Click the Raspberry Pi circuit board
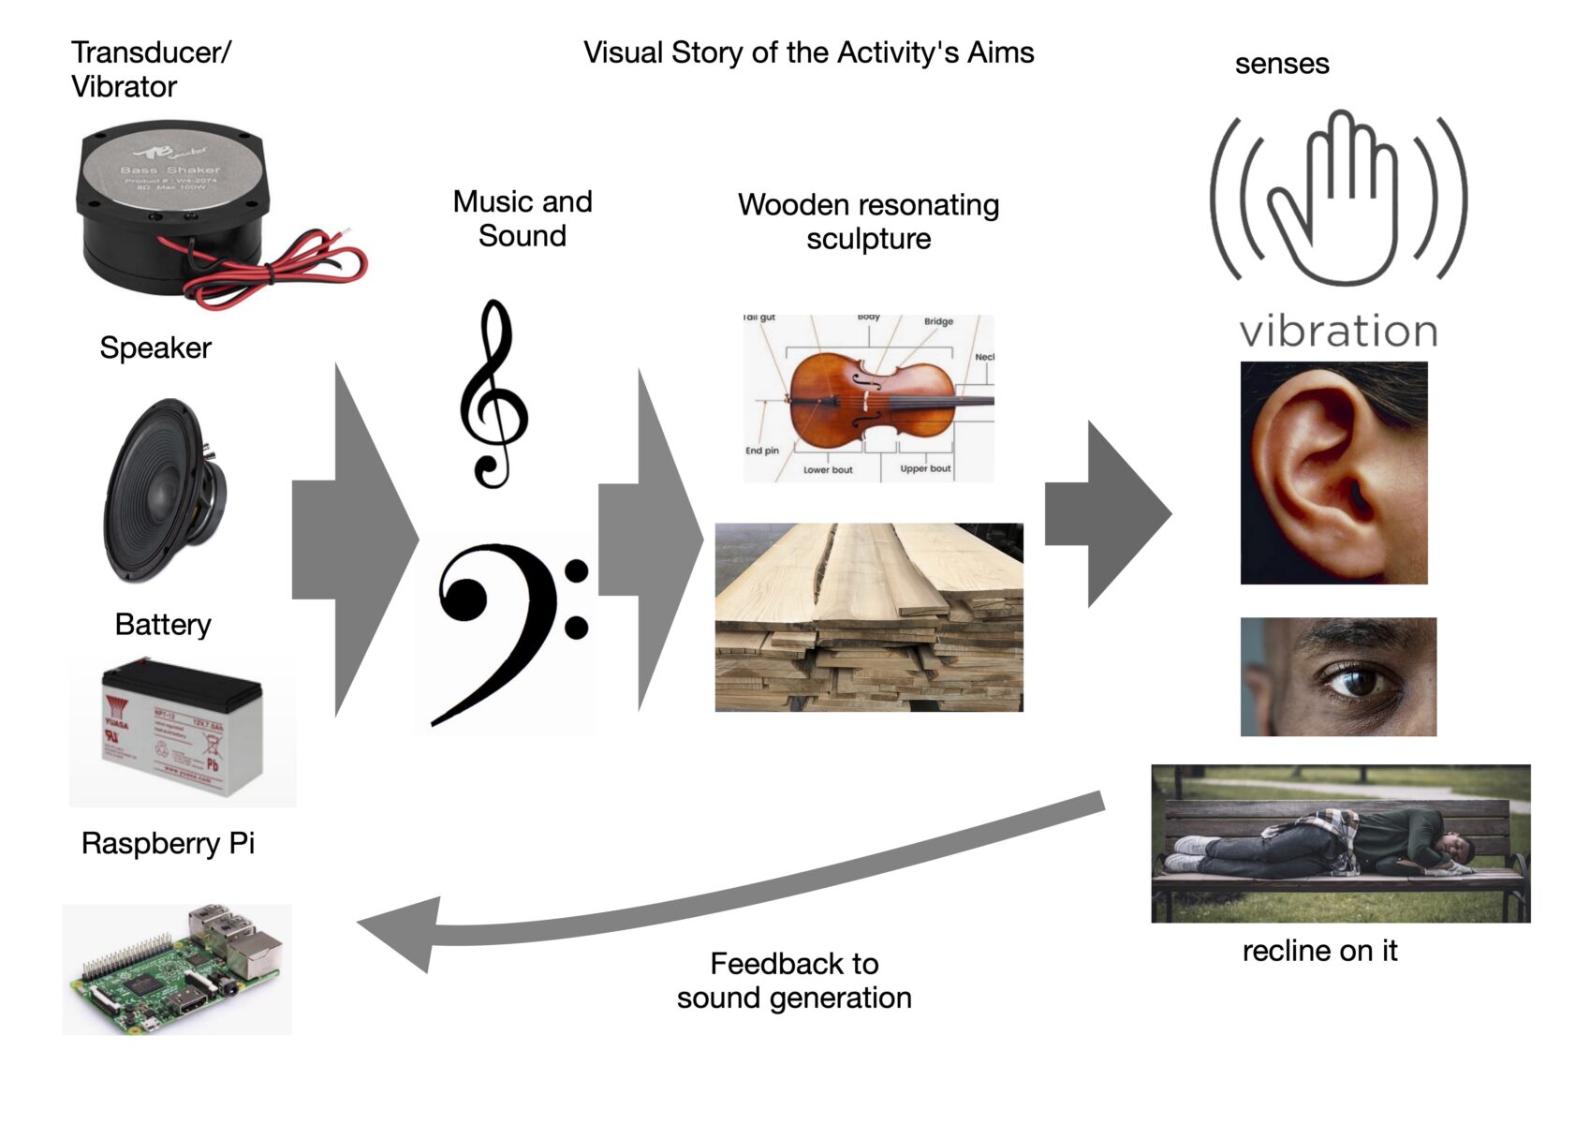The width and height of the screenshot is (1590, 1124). [x=178, y=969]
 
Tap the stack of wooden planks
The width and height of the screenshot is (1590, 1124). [x=869, y=617]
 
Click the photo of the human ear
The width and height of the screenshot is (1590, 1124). [x=1333, y=473]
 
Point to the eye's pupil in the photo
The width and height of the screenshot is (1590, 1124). [x=1357, y=681]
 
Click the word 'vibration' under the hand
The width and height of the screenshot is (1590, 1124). [x=1338, y=332]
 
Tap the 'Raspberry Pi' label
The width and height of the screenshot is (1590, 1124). [x=168, y=843]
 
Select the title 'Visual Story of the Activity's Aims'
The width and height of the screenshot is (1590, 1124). [x=808, y=52]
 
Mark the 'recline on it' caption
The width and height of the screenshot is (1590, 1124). [x=1319, y=951]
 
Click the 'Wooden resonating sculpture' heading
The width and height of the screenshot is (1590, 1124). [x=868, y=221]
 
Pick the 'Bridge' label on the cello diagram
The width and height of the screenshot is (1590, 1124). [x=938, y=321]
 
